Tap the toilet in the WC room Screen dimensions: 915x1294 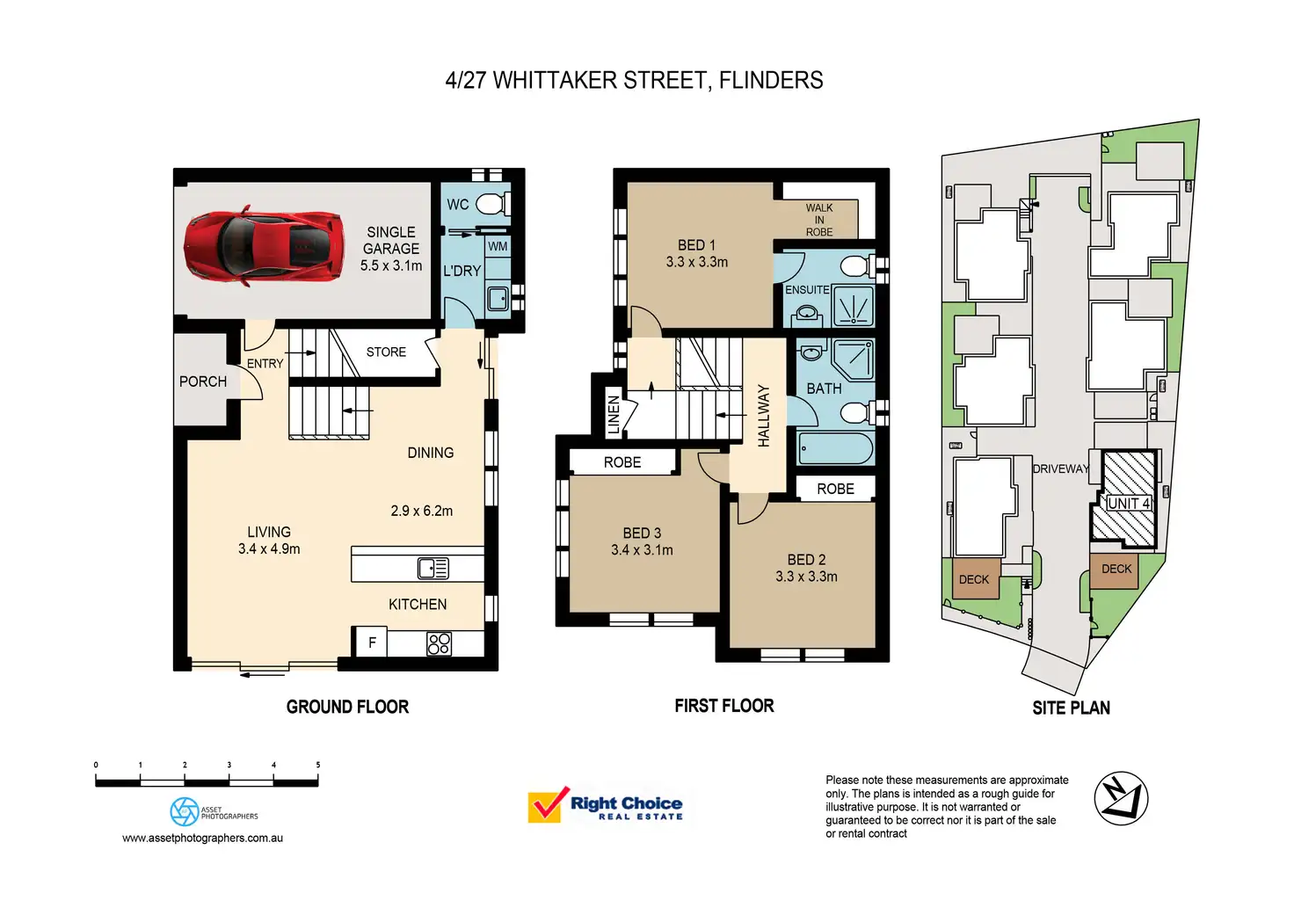point(491,204)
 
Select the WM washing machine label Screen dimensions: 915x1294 point(498,247)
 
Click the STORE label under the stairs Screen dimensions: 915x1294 point(386,352)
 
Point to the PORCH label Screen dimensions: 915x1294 point(203,381)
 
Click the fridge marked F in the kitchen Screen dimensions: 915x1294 point(371,643)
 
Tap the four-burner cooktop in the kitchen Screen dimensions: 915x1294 point(439,643)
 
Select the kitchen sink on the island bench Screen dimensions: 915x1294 point(433,568)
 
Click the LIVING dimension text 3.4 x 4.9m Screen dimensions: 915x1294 point(269,549)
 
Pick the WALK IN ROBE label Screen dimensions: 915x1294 point(819,220)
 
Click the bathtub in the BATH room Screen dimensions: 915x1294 point(835,448)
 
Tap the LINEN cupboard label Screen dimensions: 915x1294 point(614,415)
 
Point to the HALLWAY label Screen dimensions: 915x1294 point(763,416)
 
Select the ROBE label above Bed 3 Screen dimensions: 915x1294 point(622,462)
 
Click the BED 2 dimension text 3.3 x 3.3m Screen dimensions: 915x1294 point(806,577)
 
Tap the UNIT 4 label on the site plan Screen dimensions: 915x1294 point(1129,504)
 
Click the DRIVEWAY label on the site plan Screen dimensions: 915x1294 point(1060,469)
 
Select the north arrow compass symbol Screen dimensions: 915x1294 point(1121,798)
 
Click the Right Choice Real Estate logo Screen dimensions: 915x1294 point(606,806)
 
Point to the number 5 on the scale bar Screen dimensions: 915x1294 point(318,765)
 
